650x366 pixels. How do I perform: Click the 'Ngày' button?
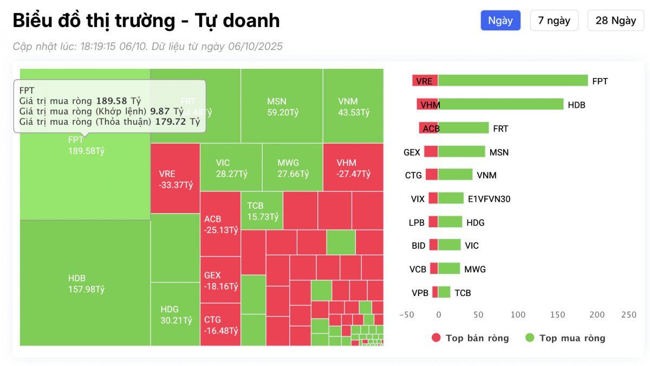[500, 21]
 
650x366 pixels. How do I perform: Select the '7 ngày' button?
[554, 21]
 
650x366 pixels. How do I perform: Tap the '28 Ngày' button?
[615, 21]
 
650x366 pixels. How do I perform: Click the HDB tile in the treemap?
[85, 283]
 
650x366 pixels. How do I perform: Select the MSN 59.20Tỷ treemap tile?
[282, 106]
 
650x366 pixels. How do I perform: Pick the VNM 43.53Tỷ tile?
[353, 106]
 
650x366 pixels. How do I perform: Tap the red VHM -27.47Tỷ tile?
[353, 168]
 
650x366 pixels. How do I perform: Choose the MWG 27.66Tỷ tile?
[292, 168]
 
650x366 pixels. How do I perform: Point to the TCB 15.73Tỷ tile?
[262, 211]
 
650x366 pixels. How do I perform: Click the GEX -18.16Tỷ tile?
[220, 280]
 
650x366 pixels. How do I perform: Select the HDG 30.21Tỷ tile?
[175, 314]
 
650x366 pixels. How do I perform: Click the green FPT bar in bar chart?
[513, 81]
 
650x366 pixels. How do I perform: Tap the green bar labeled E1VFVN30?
[451, 198]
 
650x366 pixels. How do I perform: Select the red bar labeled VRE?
[425, 81]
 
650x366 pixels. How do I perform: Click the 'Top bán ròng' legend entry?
[470, 338]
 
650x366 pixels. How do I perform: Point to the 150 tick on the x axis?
[558, 314]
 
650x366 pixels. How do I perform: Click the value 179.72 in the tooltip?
[170, 121]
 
